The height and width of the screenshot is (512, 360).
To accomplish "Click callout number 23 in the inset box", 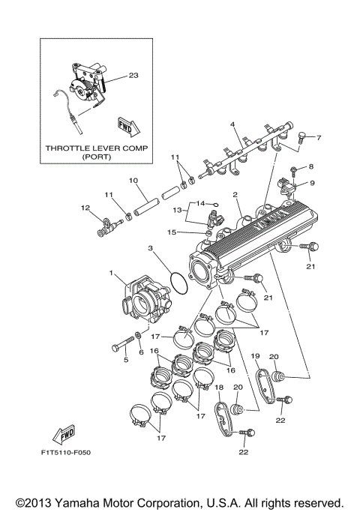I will (133, 75).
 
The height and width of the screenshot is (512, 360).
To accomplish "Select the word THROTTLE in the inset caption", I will (70, 148).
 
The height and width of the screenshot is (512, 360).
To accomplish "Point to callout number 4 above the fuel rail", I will (232, 124).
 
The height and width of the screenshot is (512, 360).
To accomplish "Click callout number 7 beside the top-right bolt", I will (319, 138).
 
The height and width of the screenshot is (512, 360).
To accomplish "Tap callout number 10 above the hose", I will (133, 181).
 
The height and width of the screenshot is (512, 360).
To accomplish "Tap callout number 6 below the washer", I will (140, 352).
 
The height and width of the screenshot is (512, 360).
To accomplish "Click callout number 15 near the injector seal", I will (172, 232).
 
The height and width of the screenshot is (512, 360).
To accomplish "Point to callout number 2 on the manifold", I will (235, 195).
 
